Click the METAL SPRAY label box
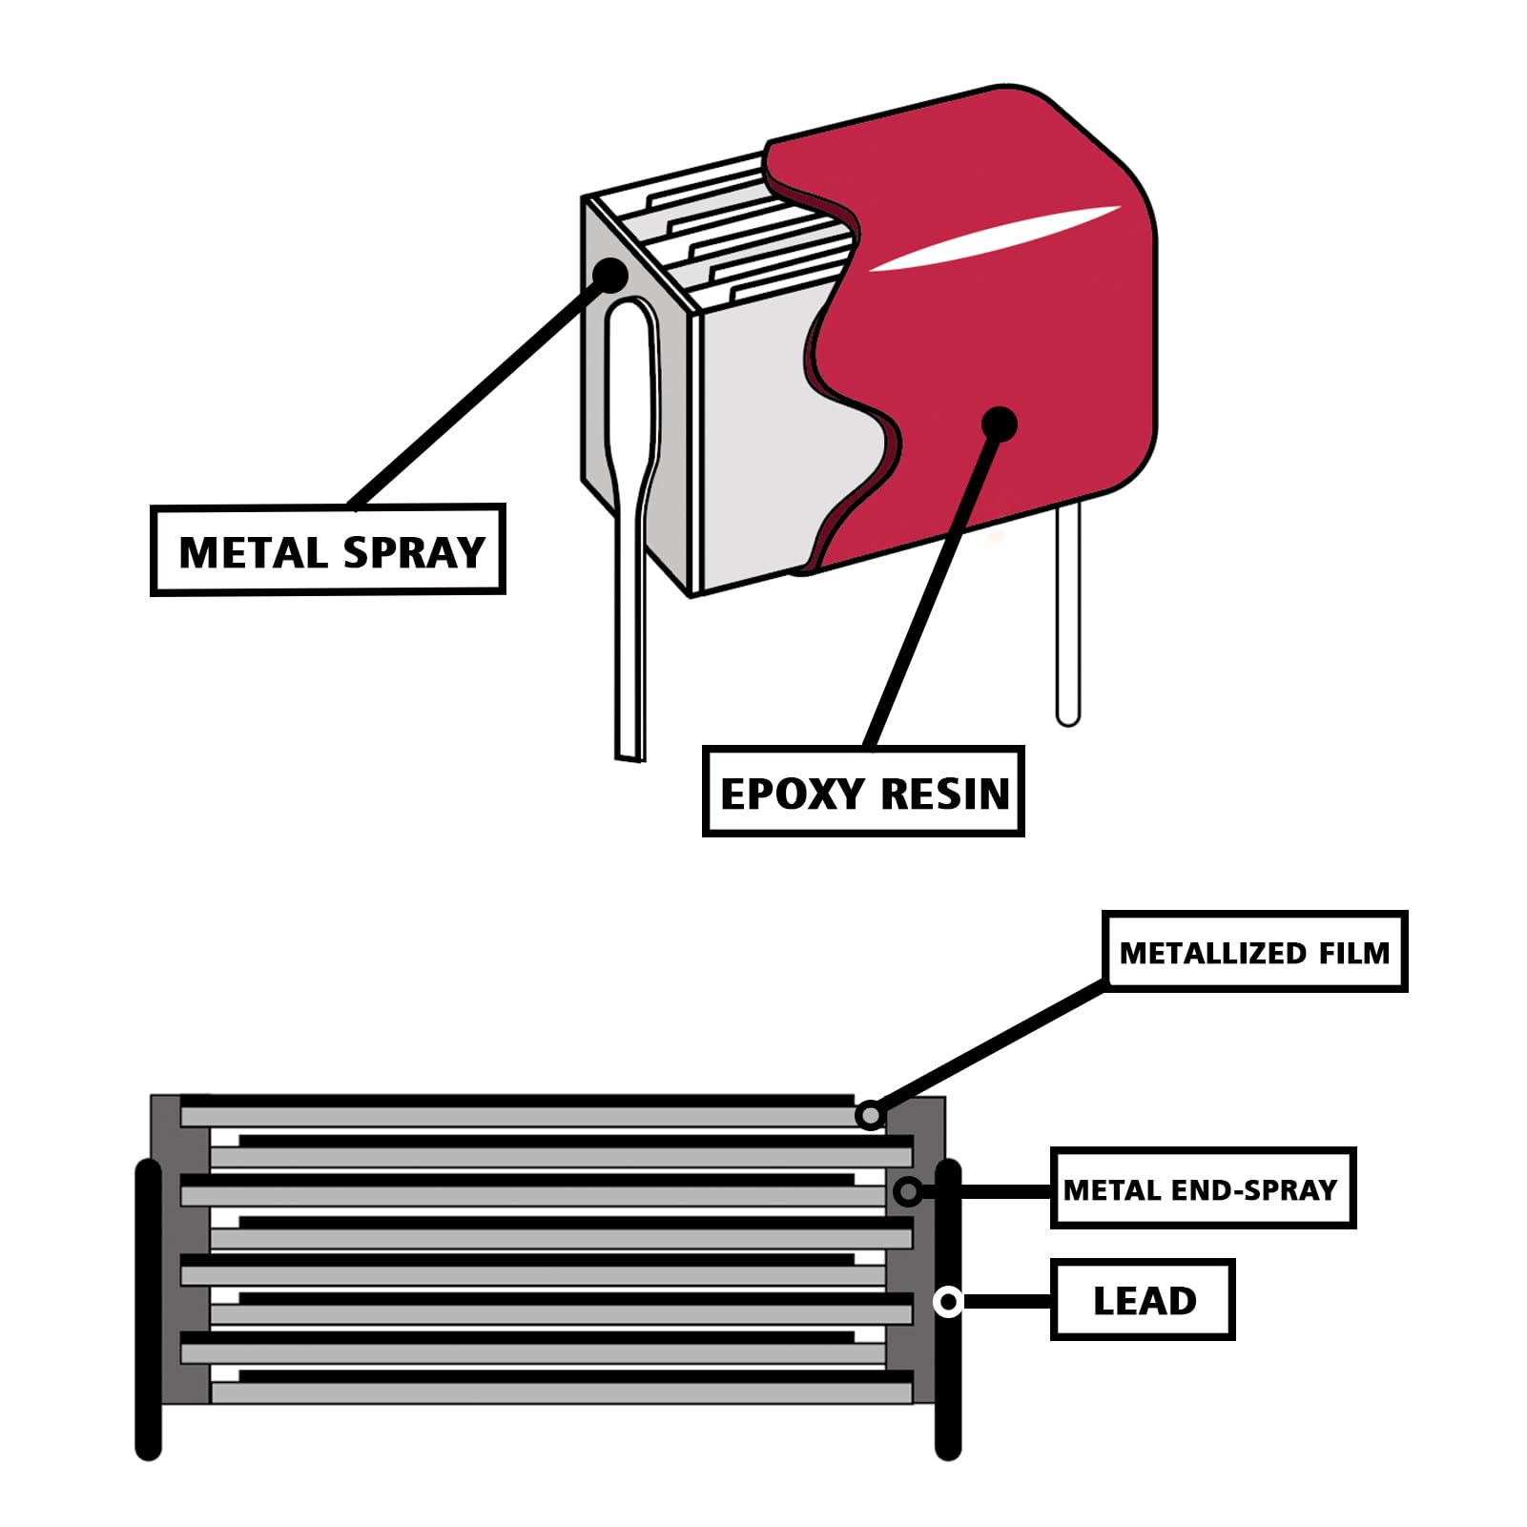coord(327,550)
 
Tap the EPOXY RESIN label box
coord(863,792)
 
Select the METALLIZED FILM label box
coord(1254,951)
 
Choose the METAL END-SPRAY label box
coord(1202,1188)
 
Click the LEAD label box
coord(1143,1300)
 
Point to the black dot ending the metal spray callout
coord(609,276)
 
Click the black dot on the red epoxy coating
coord(999,423)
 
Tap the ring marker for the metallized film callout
coord(869,1114)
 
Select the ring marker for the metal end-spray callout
coord(908,1190)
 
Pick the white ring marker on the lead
coord(948,1301)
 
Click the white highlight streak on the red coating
coord(992,238)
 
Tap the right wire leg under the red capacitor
coord(1068,620)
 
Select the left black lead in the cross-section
coord(148,1307)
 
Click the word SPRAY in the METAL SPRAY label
coord(414,552)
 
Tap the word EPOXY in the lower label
coord(791,794)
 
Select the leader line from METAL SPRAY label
coord(477,391)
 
